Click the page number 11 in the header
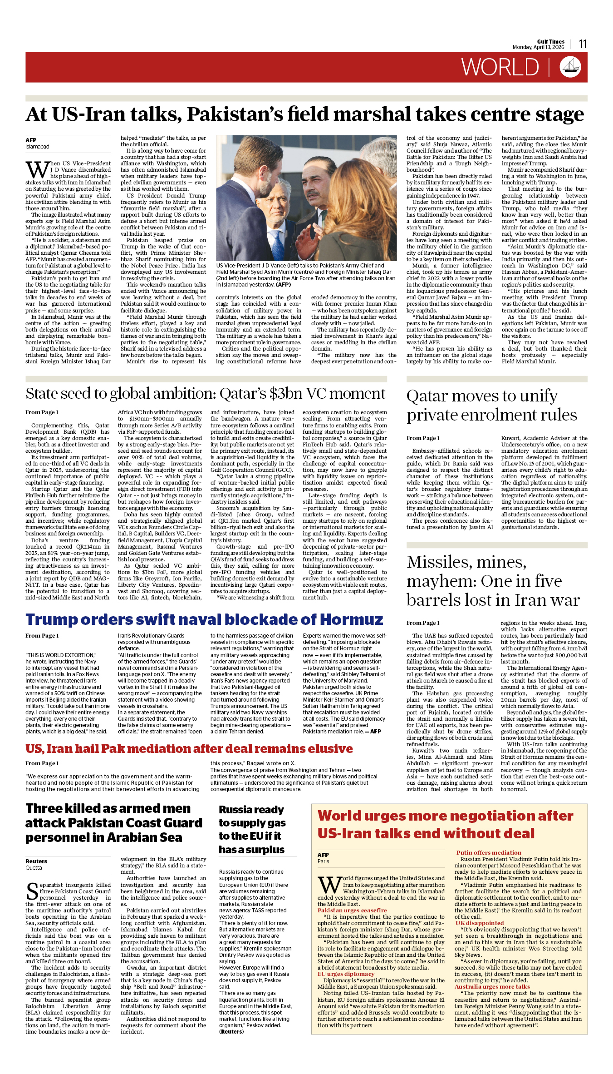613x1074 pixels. (583, 44)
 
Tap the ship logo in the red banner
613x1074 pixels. (570, 67)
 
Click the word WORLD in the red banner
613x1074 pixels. (500, 68)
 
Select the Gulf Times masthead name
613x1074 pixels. (550, 41)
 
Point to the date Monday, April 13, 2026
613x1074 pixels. (538, 47)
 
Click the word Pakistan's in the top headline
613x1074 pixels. (236, 114)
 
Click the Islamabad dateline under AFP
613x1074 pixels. (37, 147)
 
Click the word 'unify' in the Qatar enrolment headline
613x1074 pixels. (539, 396)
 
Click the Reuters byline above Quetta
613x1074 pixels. (36, 861)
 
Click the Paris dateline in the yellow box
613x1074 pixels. (324, 861)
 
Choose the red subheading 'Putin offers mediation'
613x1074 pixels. (488, 853)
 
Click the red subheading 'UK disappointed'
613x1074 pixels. (479, 923)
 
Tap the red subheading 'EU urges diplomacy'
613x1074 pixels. (346, 974)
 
